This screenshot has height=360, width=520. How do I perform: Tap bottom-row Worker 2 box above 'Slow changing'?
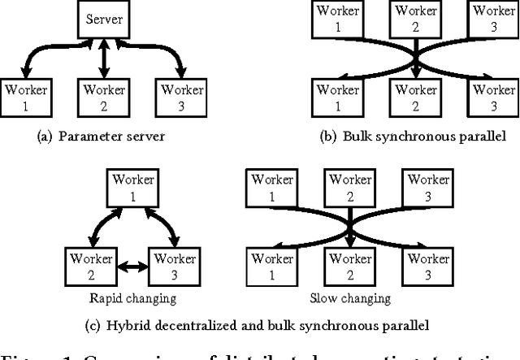pyautogui.click(x=350, y=266)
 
